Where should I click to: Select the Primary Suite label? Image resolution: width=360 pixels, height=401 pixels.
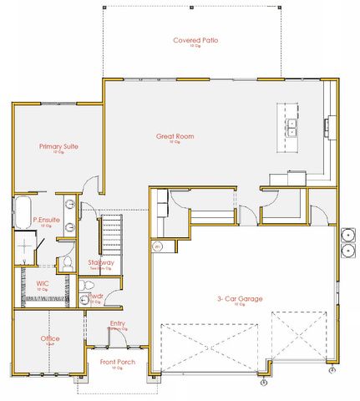58,146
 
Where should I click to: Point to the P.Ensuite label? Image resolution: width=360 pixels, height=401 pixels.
46,220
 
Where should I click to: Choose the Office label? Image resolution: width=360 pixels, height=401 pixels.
49,338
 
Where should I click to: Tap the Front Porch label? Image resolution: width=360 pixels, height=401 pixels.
118,362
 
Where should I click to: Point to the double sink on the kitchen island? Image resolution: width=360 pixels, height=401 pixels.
293,127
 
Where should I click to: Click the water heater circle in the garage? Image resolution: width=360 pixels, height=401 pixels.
157,246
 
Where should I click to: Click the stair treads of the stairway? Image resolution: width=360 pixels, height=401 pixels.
111,235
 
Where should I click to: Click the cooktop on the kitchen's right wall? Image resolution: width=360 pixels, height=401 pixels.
327,127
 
